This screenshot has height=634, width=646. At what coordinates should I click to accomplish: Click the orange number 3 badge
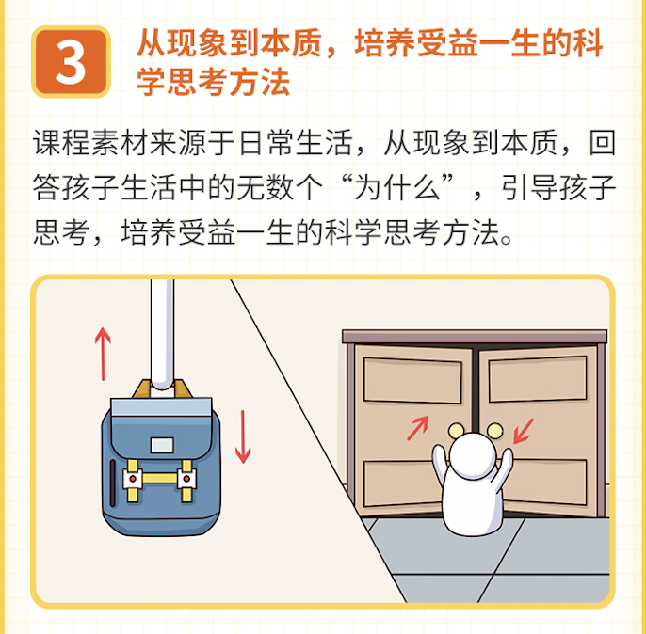coord(71,62)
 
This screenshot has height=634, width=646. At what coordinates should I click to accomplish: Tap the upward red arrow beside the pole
coord(103,354)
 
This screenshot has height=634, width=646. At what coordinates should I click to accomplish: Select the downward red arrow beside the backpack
coord(243,436)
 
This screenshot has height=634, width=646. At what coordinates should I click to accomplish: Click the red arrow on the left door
coord(418,428)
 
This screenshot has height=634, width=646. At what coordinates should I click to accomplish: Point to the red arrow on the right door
coord(524,431)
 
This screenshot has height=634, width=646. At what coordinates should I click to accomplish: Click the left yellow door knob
coord(456,431)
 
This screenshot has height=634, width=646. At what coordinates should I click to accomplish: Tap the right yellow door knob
coord(494,430)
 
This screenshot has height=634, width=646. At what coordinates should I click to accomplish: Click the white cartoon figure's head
coord(474,455)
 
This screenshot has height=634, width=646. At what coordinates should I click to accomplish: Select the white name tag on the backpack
coord(162,445)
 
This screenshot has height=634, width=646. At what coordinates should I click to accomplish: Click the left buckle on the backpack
coord(133,479)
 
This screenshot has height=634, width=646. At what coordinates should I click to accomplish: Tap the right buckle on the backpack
coord(186,479)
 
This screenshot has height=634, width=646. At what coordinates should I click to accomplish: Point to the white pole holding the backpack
coord(162,334)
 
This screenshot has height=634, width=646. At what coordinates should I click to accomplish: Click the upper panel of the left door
coord(412,381)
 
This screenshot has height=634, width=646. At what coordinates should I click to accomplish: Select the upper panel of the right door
coord(538,379)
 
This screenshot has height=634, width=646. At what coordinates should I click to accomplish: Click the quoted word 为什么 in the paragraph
coord(397,187)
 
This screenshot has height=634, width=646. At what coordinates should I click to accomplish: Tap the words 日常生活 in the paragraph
coord(296,143)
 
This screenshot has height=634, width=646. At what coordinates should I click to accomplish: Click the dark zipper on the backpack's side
coord(112,483)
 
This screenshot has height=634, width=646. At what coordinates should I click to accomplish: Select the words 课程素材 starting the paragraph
coord(90,143)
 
